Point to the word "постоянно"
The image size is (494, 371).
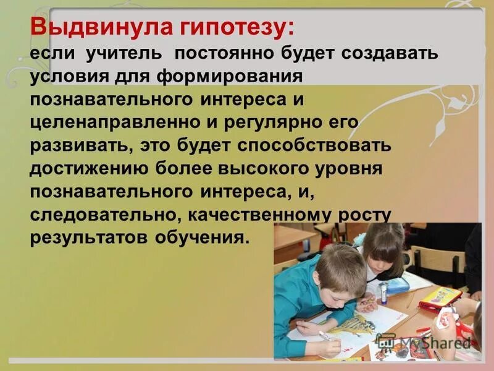coord(225,54)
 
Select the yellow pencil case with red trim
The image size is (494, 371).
coord(440,298)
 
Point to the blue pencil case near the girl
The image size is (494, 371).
coord(396,285)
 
